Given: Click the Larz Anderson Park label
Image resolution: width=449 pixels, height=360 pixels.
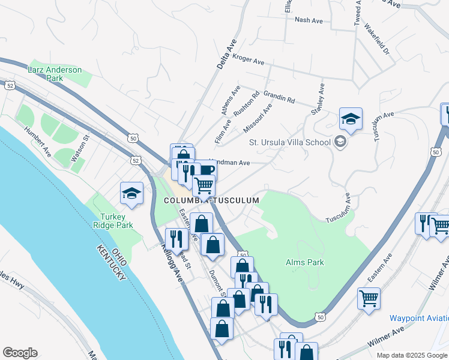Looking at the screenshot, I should (x=55, y=74).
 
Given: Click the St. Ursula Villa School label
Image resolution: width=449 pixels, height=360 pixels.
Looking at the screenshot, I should (x=290, y=142).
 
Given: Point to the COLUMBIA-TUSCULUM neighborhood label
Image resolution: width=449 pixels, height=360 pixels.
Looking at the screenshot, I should (x=212, y=200).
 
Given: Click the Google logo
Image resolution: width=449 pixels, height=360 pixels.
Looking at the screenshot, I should (x=20, y=353).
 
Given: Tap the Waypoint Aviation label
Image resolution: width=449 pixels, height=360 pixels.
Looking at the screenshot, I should (x=419, y=317).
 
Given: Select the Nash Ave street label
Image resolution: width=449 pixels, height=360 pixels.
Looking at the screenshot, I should (x=309, y=20).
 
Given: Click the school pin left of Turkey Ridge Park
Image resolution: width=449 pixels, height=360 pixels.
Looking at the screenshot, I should (x=132, y=194).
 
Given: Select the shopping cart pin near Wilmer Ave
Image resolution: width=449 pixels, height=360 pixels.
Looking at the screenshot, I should (x=368, y=298).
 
